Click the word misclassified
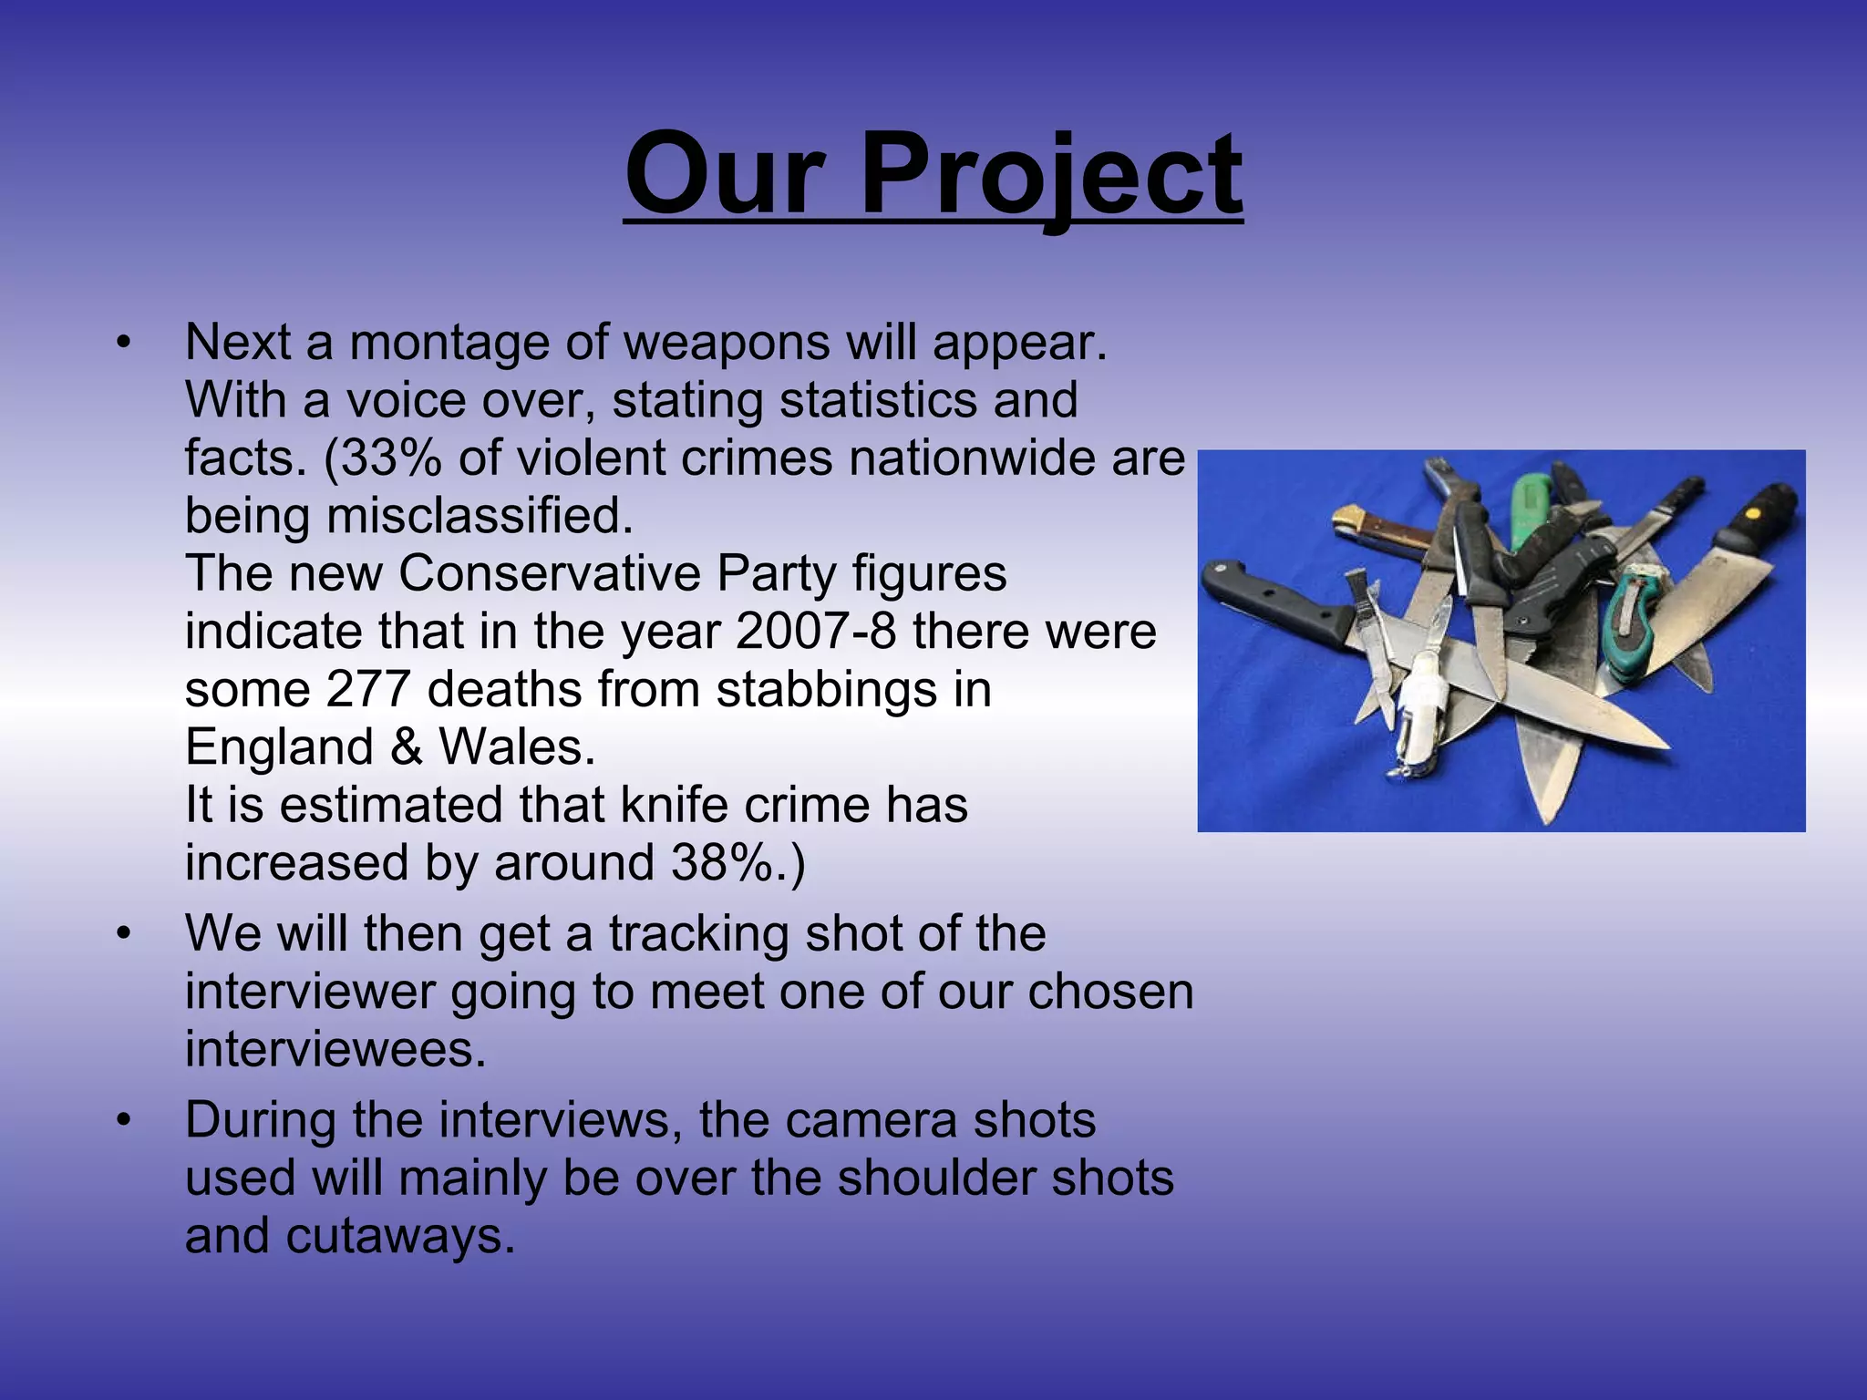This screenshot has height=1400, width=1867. [x=480, y=517]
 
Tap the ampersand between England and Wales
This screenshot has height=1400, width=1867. [x=407, y=747]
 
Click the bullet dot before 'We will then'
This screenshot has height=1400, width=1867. [x=125, y=934]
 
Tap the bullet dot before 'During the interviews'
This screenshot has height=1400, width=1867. [x=125, y=1121]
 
